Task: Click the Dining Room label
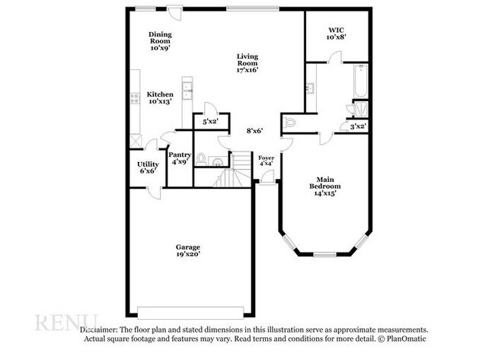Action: click(159, 40)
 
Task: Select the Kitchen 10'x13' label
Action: click(160, 97)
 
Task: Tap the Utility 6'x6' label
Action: click(148, 167)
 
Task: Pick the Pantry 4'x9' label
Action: click(180, 158)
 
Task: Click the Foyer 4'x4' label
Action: click(266, 161)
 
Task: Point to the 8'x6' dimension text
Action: click(254, 131)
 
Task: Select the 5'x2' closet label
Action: click(209, 122)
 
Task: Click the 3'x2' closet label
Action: click(357, 126)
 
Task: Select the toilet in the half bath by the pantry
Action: click(202, 158)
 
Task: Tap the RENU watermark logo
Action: click(65, 320)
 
